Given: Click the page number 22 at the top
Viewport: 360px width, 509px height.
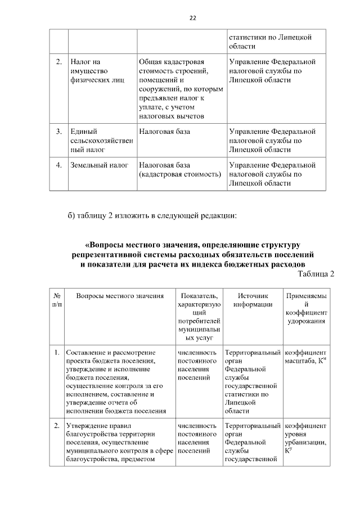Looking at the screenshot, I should tap(192, 18).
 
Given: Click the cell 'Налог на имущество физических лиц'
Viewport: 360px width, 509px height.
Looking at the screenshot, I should tap(94, 70).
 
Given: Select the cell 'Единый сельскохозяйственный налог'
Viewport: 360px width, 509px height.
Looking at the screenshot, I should tap(101, 141).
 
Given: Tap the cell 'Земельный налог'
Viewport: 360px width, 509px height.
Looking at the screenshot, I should tap(100, 165).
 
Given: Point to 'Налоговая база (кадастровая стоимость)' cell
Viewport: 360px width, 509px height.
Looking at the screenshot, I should tap(179, 170).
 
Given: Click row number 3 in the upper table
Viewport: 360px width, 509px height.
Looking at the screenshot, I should tap(58, 132).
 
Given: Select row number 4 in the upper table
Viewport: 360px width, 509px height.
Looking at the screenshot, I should tap(58, 165).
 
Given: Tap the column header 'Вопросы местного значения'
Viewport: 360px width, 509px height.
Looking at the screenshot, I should tap(120, 296).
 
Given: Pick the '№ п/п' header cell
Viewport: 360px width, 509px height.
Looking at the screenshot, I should tap(57, 300).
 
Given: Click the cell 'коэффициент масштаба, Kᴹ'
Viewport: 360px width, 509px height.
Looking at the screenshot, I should tap(306, 357).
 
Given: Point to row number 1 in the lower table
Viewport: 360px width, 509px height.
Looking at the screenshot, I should tap(57, 353).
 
